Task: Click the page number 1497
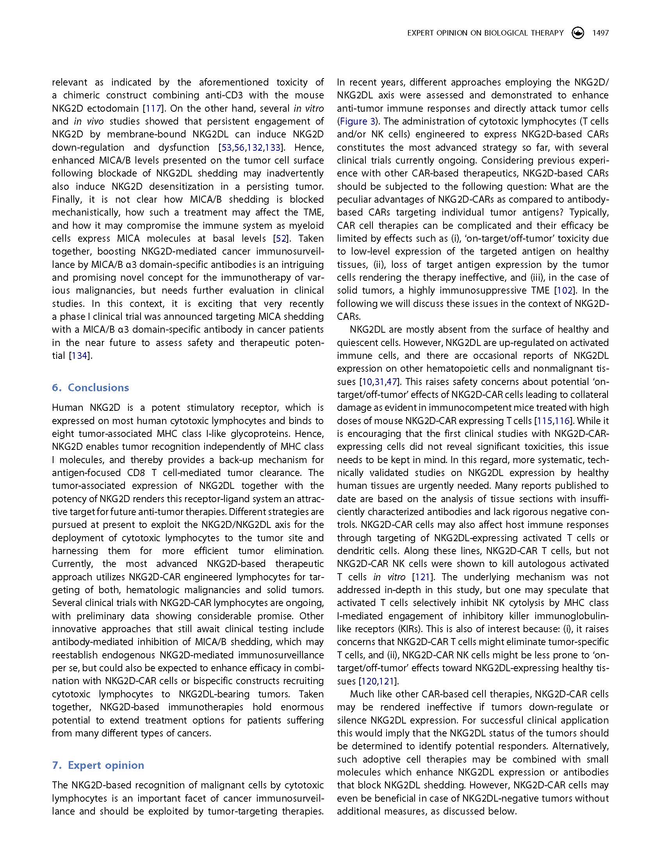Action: (600, 33)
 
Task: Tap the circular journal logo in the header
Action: (577, 33)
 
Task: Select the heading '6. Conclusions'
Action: (91, 387)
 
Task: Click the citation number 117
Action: (153, 108)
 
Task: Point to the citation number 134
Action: (80, 356)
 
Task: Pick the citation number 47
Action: (392, 382)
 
